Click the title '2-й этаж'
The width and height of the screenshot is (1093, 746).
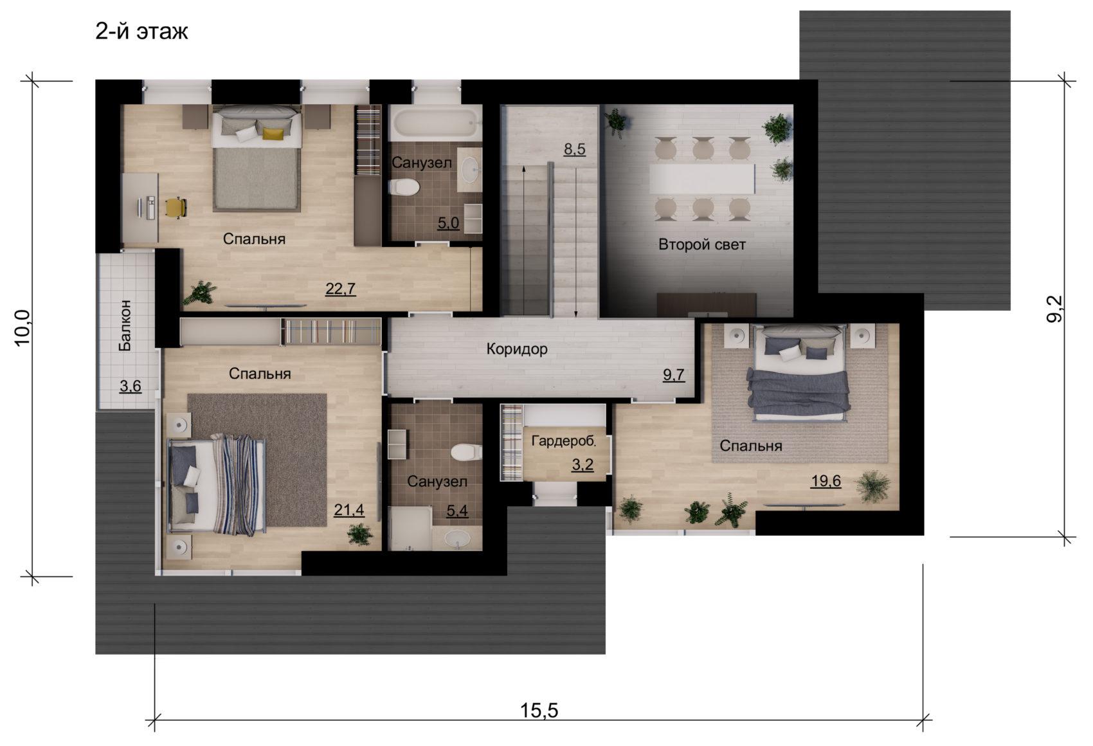coord(141,32)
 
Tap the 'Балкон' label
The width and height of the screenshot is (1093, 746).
coord(125,325)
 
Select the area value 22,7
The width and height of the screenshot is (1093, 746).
coord(341,289)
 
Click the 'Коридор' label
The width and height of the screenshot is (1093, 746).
coord(517,349)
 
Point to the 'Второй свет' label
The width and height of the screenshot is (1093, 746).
coord(702,244)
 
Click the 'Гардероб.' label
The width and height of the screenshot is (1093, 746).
coord(564,441)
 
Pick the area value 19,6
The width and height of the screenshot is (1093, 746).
coord(826,481)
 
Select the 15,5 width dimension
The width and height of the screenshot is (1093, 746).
coord(539,711)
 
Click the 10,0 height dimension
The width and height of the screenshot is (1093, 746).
coord(23,327)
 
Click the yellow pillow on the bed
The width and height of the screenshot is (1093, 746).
coord(273,132)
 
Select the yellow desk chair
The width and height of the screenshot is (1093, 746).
coord(176,208)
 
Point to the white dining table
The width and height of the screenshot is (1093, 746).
coord(702,179)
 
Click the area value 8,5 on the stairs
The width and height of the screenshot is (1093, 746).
coord(574,149)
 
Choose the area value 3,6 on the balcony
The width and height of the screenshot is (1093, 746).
coord(131,386)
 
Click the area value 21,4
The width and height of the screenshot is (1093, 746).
coord(349,510)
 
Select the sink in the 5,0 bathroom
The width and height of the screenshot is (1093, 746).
coord(469,169)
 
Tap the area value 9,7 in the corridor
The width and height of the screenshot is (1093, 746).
coord(673,375)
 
